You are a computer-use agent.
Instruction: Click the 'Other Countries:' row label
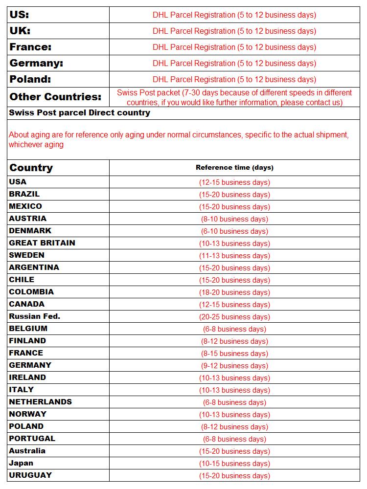tap(55, 97)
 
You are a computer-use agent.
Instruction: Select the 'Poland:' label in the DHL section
tap(30, 79)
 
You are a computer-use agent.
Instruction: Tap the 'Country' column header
tap(31, 168)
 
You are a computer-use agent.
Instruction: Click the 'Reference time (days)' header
tap(234, 168)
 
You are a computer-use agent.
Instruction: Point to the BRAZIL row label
tap(24, 194)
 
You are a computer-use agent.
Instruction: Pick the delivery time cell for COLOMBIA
tap(234, 292)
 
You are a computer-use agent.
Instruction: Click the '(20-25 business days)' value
tap(234, 317)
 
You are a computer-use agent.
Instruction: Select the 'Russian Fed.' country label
tap(35, 316)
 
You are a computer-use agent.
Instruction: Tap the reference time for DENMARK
tap(234, 231)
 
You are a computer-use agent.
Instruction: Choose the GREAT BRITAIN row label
tap(42, 243)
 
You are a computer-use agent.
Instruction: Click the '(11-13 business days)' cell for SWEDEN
tap(234, 256)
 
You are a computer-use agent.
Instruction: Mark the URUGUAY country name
tap(30, 475)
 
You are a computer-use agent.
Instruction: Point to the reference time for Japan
tap(234, 464)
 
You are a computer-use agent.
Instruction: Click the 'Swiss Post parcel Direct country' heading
tap(80, 113)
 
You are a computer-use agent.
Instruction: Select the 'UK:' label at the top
tap(20, 31)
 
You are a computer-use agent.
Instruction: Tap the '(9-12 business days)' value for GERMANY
tap(234, 366)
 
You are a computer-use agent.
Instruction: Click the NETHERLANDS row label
tap(41, 402)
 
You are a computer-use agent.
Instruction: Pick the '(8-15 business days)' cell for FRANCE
tap(234, 354)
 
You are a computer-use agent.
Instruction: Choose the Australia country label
tap(27, 451)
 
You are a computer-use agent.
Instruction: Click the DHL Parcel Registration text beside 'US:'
tap(234, 15)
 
